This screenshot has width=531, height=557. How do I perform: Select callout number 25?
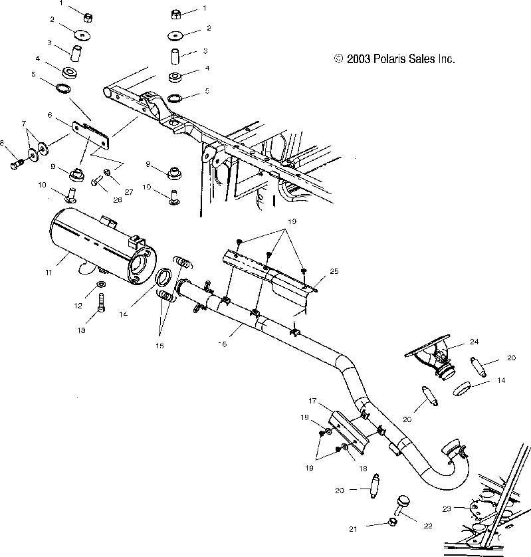334,272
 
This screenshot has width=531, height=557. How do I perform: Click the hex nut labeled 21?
391,523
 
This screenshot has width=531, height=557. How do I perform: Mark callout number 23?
447,508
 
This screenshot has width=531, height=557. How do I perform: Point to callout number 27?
129,191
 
